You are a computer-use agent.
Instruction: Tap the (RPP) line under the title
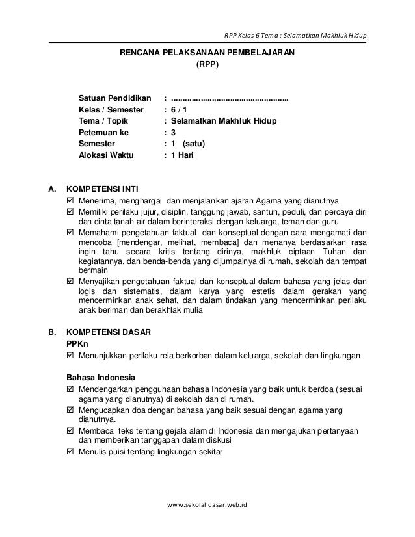pyautogui.click(x=207, y=65)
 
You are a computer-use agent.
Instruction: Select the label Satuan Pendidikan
pyautogui.click(x=114, y=98)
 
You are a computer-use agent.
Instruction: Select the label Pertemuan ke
pyautogui.click(x=103, y=133)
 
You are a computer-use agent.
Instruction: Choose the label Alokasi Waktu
pyautogui.click(x=105, y=156)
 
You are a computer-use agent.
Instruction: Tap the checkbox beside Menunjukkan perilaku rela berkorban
pyautogui.click(x=72, y=356)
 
